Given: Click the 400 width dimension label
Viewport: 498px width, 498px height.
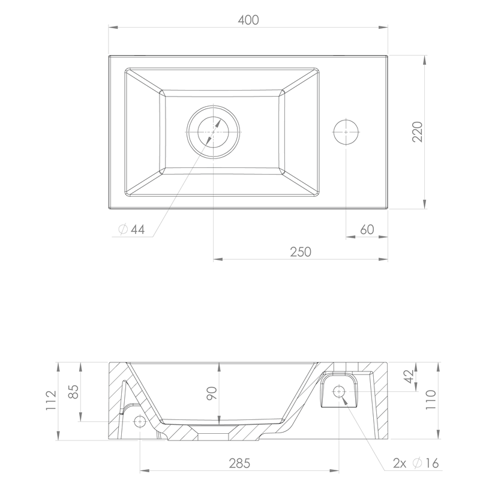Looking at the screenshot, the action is pyautogui.click(x=248, y=20).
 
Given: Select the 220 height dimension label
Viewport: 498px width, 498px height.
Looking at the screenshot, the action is pyautogui.click(x=418, y=132).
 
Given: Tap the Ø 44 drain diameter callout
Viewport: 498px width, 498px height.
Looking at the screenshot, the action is pyautogui.click(x=131, y=229).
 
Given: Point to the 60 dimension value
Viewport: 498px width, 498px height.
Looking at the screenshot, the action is pyautogui.click(x=367, y=229).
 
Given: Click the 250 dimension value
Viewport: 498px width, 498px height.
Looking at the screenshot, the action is pyautogui.click(x=301, y=252).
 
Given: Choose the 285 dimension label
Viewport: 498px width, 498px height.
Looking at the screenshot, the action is pyautogui.click(x=239, y=463).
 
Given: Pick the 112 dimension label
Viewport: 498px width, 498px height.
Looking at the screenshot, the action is pyautogui.click(x=51, y=400).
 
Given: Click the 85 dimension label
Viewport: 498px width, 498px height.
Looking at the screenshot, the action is pyautogui.click(x=73, y=392).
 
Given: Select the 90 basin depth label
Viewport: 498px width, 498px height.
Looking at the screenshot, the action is pyautogui.click(x=212, y=393).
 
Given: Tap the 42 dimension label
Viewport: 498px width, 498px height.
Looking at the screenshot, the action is pyautogui.click(x=409, y=376).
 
